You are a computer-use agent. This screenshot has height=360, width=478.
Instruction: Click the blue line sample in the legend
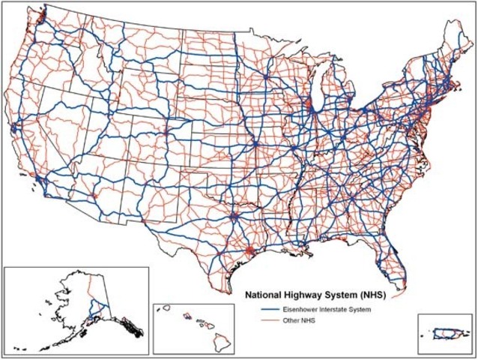coord(262,309)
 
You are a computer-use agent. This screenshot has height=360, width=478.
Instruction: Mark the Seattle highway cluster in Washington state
coord(39,15)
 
